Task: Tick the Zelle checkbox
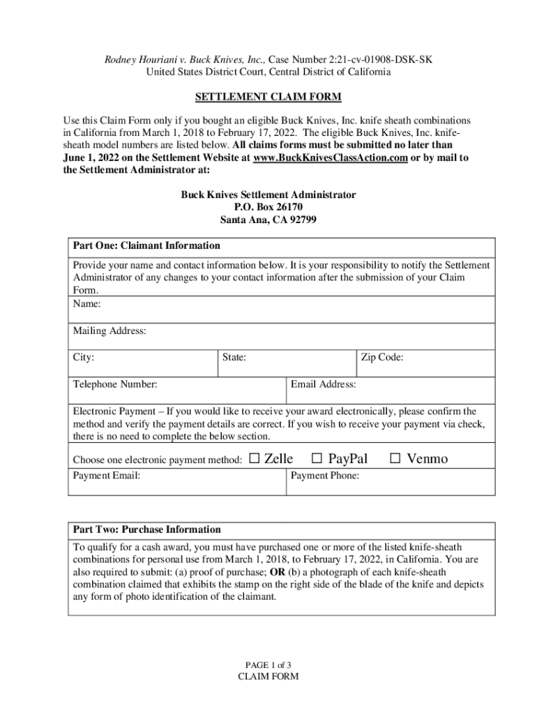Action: (254, 458)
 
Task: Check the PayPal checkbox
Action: (317, 458)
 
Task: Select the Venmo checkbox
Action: (395, 458)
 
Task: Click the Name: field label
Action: (87, 304)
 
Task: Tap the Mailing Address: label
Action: (109, 331)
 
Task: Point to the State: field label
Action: (234, 358)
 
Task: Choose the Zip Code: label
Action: (382, 358)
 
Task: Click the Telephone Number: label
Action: (115, 384)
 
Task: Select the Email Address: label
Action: (324, 384)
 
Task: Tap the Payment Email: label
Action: (107, 476)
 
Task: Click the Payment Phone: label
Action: (325, 476)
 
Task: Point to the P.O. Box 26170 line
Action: (268, 207)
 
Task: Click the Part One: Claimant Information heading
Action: (146, 245)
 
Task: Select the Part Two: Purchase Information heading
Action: (147, 529)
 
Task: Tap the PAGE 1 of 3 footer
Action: (268, 664)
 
